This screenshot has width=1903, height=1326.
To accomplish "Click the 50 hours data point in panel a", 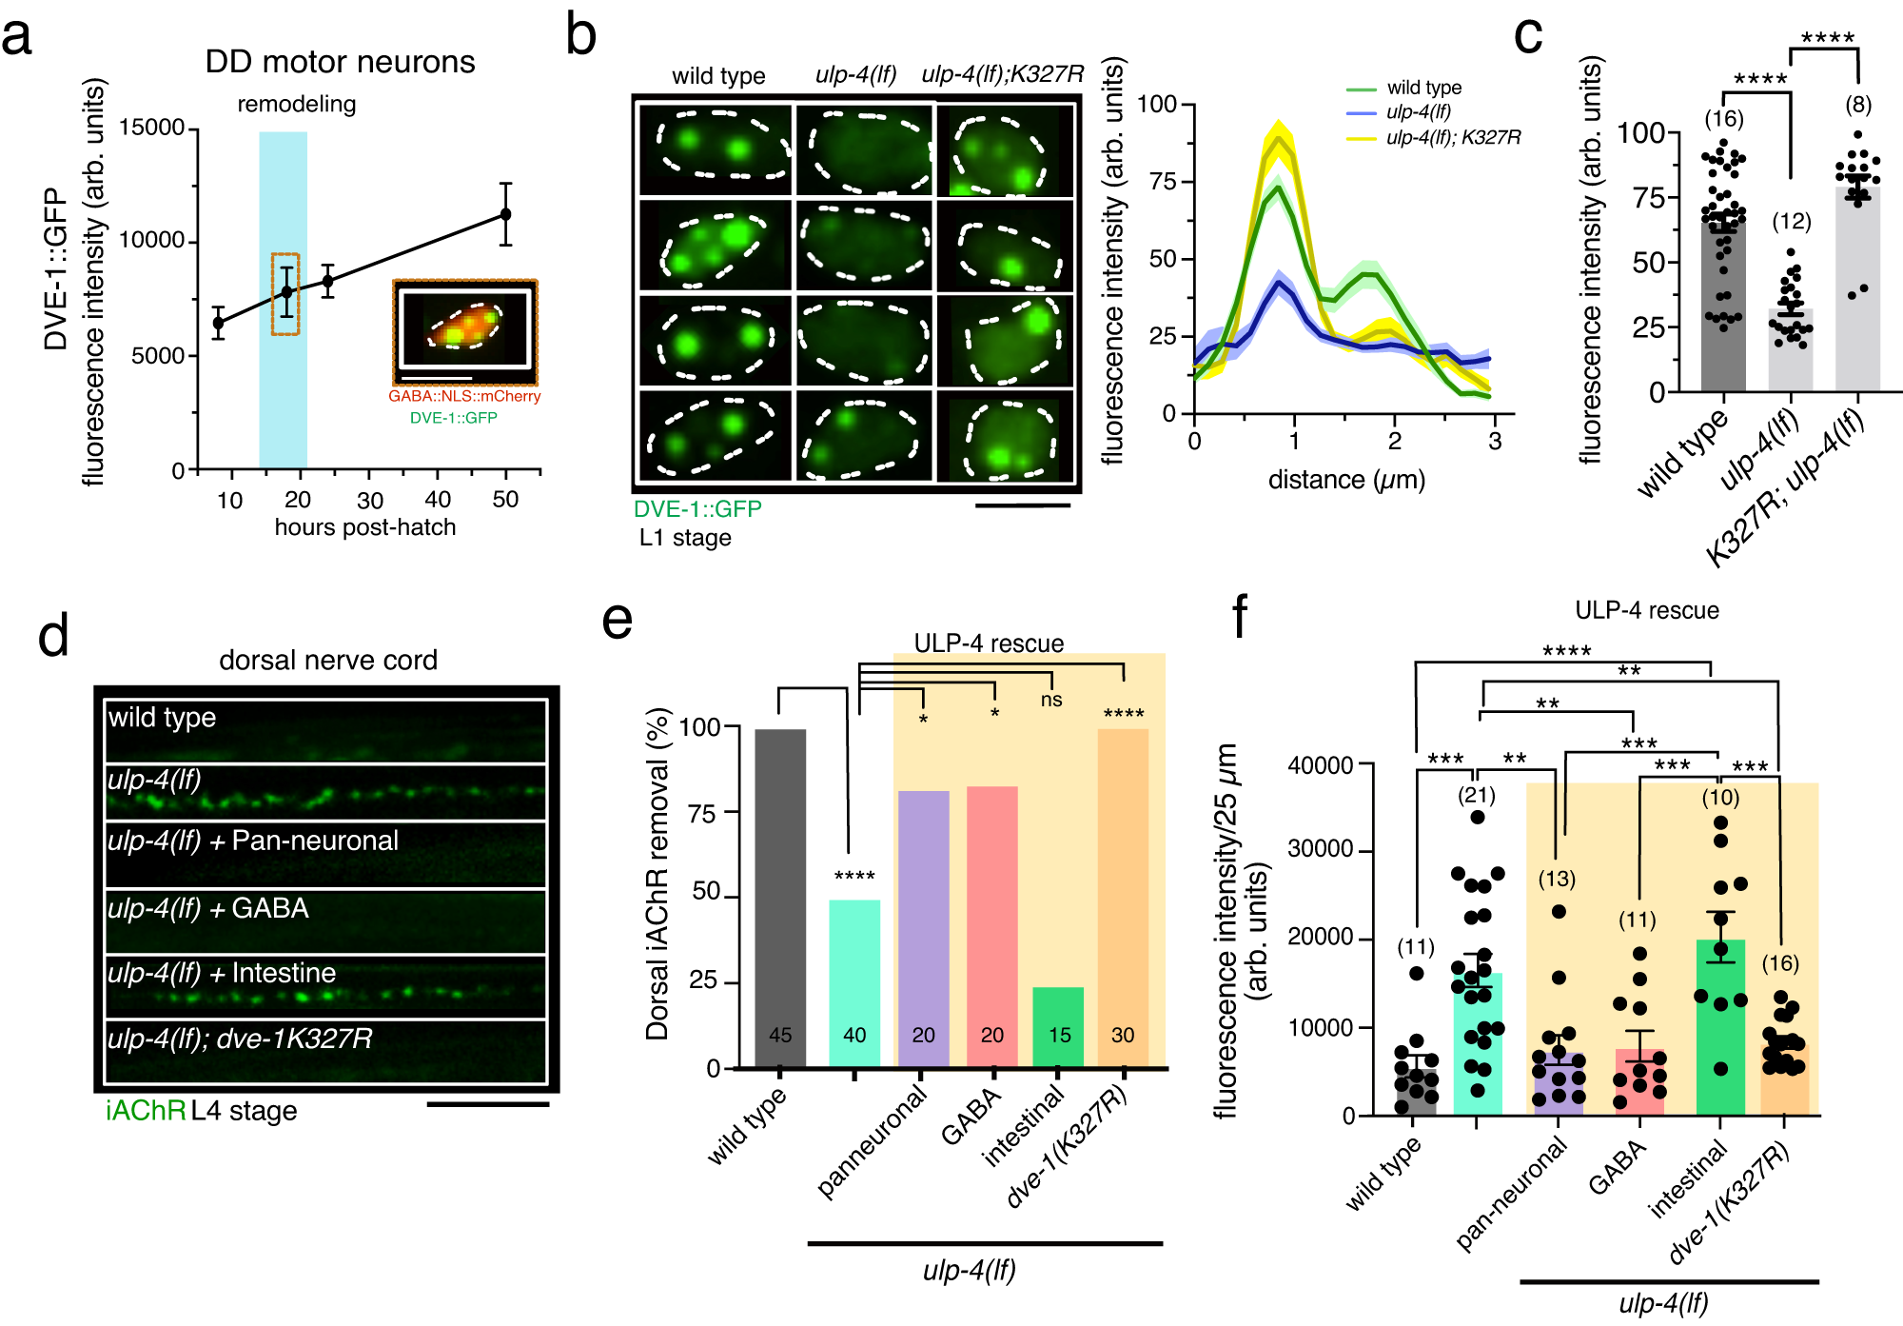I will point(505,214).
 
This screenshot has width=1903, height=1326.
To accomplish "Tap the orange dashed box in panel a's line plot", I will point(285,293).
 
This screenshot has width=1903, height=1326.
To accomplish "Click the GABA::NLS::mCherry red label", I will point(464,396).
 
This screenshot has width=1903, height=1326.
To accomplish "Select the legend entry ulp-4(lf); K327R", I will point(1452,137).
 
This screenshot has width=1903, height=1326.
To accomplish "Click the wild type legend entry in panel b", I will point(1423,88).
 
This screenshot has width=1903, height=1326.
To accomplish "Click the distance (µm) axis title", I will point(1346,479).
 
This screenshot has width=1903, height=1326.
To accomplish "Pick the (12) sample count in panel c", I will point(1791,222).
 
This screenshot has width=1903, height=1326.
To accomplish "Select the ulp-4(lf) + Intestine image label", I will point(222,973).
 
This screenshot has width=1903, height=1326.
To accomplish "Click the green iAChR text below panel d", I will point(146,1111).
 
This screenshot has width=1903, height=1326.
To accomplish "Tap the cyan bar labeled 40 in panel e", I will point(854,980).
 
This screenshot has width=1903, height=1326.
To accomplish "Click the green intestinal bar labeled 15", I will point(1058,1026).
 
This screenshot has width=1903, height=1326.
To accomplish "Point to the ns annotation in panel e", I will point(1050,700).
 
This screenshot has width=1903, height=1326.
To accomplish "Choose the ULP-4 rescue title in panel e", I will point(989,643).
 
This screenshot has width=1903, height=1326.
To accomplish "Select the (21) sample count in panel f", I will point(1477,795).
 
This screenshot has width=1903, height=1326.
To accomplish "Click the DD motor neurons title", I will point(340,62).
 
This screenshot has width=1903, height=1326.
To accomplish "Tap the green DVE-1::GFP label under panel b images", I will point(697,508).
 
